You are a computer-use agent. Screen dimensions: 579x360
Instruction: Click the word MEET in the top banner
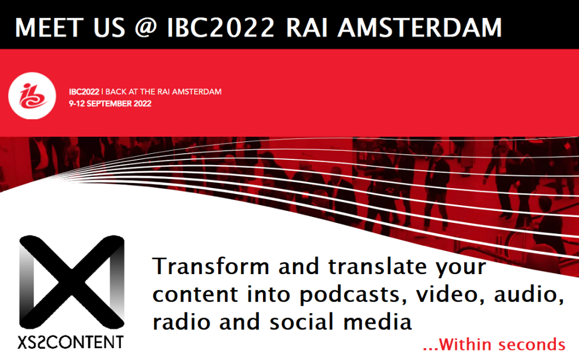pos(49,27)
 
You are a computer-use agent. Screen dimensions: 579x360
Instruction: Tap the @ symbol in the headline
pos(145,28)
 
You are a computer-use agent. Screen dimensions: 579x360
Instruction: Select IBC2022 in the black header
pos(221,27)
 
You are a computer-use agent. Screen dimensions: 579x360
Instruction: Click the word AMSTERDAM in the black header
pos(420,27)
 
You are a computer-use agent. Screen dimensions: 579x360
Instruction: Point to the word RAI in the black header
pos(307,27)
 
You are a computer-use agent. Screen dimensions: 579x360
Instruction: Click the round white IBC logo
pos(32,96)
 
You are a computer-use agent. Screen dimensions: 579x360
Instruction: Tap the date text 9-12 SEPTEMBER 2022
pos(110,104)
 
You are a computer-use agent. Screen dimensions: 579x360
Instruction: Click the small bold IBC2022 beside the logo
pos(84,92)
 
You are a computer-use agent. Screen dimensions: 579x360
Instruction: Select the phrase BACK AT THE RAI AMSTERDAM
pos(163,92)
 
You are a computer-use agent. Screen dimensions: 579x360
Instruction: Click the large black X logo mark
pos(72,282)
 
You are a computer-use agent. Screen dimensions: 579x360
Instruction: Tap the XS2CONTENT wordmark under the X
pos(71,342)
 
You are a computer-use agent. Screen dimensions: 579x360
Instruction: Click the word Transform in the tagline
pos(211,266)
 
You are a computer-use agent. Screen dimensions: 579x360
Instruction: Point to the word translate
pos(377,266)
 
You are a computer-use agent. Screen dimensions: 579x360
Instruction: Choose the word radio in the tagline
pos(180,322)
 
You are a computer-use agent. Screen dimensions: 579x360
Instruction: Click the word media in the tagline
pos(377,322)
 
